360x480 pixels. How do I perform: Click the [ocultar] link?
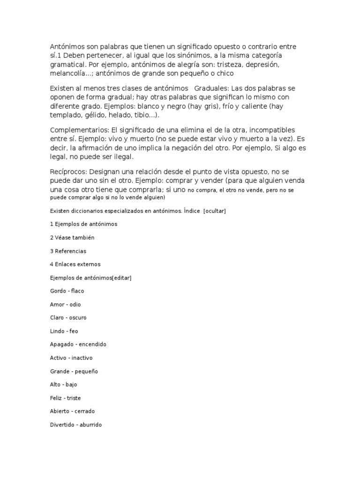pos(215,211)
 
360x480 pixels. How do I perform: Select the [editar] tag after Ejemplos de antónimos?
pos(122,278)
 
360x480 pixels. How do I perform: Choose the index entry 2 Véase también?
pos(72,238)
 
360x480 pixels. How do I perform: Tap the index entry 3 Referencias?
pos(68,251)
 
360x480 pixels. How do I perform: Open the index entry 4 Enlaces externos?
pos(75,264)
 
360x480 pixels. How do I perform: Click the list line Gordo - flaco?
pos(67,291)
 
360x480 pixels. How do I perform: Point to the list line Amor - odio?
pos(66,305)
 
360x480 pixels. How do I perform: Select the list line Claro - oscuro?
pos(68,318)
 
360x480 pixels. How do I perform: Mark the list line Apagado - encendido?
pos(78,345)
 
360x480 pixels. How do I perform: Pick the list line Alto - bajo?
pos(64,385)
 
